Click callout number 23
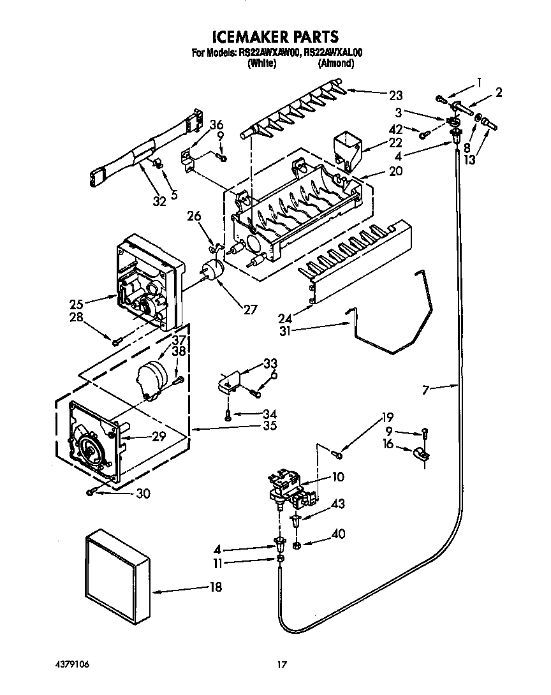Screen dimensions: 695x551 tap(396, 96)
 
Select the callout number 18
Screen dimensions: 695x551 tap(216, 587)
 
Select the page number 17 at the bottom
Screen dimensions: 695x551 tap(280, 665)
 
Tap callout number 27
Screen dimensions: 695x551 tap(249, 310)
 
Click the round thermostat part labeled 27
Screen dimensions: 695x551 tap(213, 271)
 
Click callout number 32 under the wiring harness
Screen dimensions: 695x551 tap(159, 201)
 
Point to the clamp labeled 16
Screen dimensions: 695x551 tap(422, 455)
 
